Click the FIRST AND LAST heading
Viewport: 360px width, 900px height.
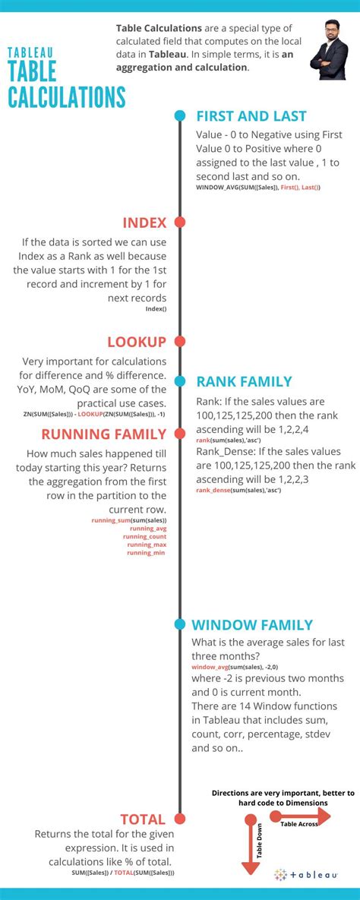[251, 116]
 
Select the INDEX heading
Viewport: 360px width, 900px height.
[144, 223]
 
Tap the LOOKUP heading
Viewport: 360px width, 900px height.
[137, 342]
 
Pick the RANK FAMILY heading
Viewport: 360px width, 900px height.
[244, 382]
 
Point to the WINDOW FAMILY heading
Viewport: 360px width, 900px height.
[252, 625]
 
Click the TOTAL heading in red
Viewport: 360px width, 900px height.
[143, 819]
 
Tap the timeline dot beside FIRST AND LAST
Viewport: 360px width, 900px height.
[180, 116]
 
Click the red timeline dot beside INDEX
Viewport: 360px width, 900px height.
[180, 223]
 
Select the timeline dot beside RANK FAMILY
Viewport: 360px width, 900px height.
[180, 381]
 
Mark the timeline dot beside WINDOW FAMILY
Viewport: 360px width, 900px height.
[180, 624]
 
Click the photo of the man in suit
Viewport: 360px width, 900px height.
[328, 51]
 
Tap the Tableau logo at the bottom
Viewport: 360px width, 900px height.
[306, 874]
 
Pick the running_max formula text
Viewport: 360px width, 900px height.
[147, 545]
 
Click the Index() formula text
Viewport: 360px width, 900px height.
[156, 309]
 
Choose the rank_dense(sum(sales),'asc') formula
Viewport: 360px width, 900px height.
[238, 491]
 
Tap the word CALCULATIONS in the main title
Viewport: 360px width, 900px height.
[67, 97]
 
